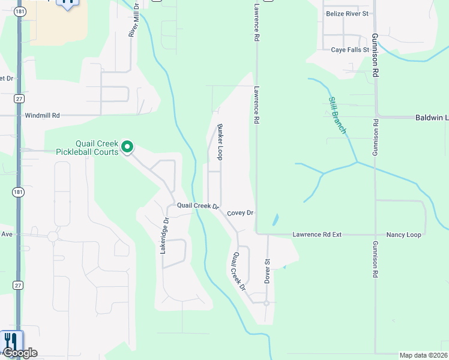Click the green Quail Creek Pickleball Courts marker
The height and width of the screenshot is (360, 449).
click(x=127, y=146)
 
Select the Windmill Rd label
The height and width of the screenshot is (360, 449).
click(x=43, y=115)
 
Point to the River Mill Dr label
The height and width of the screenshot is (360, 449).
click(x=133, y=22)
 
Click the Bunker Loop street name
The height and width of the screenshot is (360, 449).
click(x=220, y=142)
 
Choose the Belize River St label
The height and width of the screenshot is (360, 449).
click(x=347, y=13)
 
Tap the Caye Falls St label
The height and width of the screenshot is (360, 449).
click(x=350, y=50)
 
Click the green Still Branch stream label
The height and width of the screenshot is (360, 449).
click(x=337, y=115)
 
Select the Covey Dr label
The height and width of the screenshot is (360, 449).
click(x=241, y=213)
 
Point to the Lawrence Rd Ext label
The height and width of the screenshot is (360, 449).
click(x=316, y=235)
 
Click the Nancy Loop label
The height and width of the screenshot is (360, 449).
click(x=403, y=235)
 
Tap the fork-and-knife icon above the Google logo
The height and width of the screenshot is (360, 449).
click(x=11, y=340)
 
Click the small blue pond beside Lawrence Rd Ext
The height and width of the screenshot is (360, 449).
click(x=275, y=220)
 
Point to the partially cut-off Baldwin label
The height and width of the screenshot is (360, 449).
click(x=432, y=118)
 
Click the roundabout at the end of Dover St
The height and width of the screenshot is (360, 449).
click(x=266, y=303)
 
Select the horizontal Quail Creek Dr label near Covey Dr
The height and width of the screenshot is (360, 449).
click(x=197, y=206)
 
